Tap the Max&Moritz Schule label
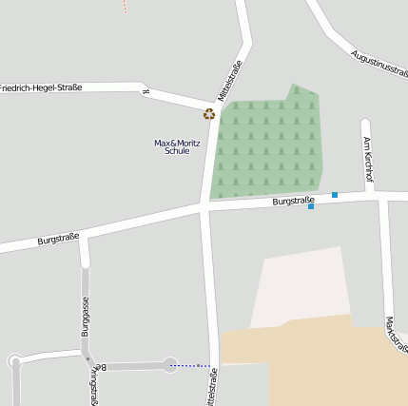177,146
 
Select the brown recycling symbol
209,114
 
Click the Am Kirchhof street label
368,158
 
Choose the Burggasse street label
85,317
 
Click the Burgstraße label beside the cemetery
292,201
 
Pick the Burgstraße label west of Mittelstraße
58,239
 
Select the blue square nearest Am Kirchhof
335,195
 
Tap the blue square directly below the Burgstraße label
311,206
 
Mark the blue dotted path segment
190,365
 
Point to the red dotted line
125,6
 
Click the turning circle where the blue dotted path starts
169,365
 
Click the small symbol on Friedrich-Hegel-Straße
146,92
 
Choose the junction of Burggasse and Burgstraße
84,238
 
